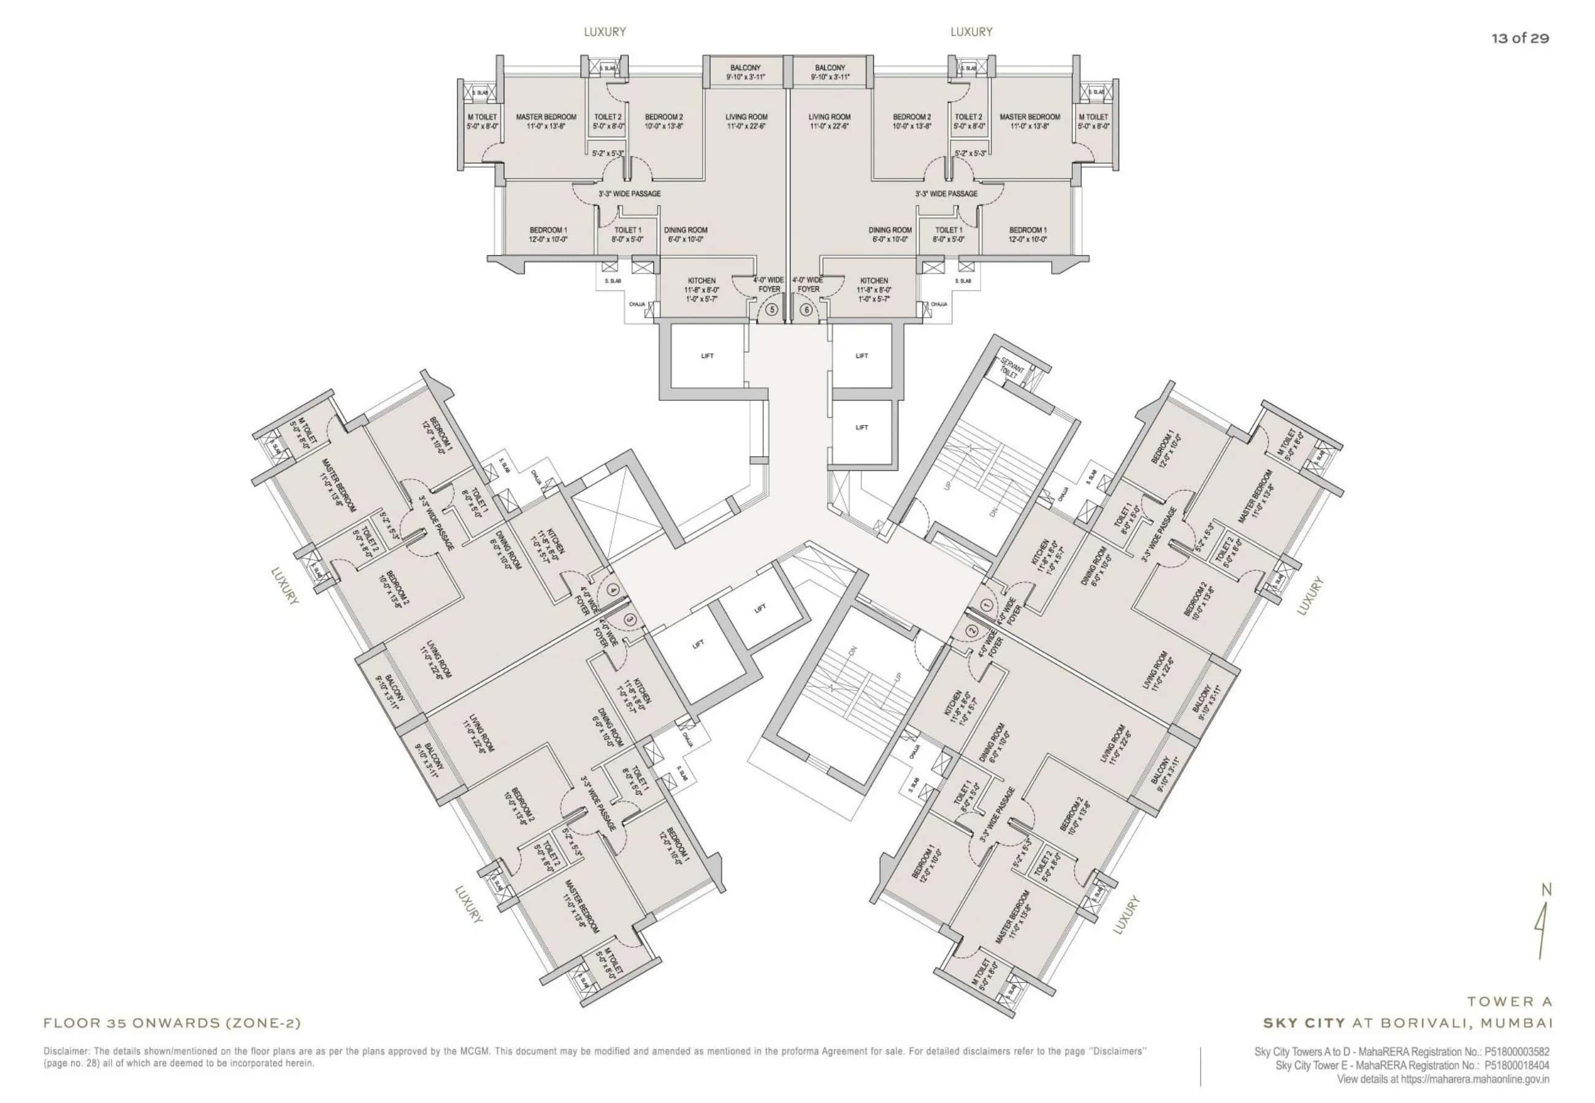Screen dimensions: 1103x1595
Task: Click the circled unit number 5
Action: (x=772, y=310)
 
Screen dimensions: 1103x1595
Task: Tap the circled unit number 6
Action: (x=806, y=310)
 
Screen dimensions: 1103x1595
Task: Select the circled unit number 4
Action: (x=612, y=589)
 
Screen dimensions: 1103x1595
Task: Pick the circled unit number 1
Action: (x=986, y=605)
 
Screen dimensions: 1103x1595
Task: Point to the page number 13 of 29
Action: (x=1520, y=39)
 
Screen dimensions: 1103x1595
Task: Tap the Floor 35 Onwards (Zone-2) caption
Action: (x=172, y=1023)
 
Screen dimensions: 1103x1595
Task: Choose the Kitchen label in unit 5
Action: (x=702, y=281)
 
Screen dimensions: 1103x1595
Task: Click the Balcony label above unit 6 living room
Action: (x=830, y=67)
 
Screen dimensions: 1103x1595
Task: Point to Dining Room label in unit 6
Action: (x=890, y=230)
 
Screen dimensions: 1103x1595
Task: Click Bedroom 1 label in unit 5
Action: (x=548, y=230)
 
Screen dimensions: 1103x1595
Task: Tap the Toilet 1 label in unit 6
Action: (x=948, y=230)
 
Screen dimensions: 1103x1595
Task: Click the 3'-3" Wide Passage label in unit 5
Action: (x=629, y=194)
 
